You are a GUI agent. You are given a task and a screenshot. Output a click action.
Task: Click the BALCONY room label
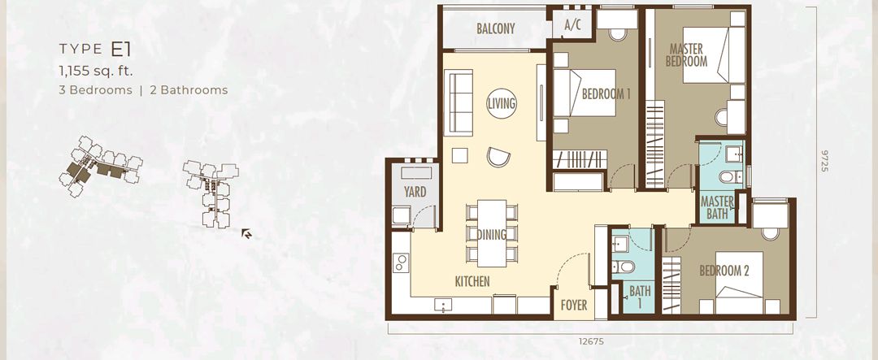495,28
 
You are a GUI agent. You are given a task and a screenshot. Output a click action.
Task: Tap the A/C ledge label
572,25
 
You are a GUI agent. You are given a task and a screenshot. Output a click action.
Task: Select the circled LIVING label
501,103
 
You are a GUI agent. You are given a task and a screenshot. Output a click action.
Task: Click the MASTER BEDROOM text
686,54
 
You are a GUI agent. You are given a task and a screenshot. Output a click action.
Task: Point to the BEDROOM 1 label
606,93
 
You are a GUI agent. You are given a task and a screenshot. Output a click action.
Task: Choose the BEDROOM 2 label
724,271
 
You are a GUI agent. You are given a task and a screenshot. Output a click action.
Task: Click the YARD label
415,193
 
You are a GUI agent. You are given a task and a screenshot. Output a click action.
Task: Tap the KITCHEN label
472,281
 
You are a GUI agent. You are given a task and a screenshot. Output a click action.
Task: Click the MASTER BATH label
717,208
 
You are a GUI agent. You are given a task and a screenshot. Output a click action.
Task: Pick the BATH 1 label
640,297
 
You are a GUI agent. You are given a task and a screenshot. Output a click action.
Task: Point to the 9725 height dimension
824,159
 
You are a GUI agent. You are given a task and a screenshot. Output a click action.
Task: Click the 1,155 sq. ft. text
95,72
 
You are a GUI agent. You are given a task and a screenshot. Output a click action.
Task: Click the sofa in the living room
459,102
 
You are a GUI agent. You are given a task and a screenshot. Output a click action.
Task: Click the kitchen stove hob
400,263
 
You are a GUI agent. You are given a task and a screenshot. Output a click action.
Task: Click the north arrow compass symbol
246,234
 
